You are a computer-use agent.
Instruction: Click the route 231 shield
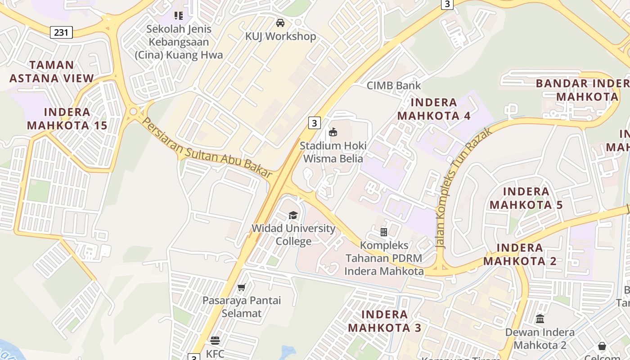coord(61,32)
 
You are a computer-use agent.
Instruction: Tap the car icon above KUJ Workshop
coord(280,22)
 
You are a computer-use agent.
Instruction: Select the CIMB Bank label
coord(394,85)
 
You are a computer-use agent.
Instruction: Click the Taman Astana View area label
coord(52,72)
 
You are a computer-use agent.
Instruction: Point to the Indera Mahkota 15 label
coord(67,119)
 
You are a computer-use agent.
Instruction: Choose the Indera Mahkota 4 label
coord(434,109)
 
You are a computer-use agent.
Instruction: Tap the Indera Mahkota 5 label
coord(526,198)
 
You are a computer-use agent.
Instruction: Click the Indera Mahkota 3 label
coord(385,321)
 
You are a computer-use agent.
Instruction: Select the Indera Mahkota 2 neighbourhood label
coord(520,254)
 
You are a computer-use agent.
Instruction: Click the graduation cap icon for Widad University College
coord(293,215)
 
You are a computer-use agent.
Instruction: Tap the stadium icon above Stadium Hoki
coord(333,132)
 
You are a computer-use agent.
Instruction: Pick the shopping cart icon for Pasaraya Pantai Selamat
coord(242,287)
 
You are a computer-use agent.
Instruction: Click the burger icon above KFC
coord(215,340)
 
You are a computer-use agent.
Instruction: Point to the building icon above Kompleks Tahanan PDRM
coord(384,232)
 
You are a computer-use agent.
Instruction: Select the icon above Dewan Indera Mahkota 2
coord(540,319)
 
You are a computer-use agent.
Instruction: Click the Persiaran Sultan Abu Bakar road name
coord(207,148)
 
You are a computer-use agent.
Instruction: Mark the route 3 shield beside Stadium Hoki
coord(314,122)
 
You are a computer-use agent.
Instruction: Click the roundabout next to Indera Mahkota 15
coord(133,111)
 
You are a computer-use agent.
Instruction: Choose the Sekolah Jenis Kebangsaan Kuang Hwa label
coord(179,42)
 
